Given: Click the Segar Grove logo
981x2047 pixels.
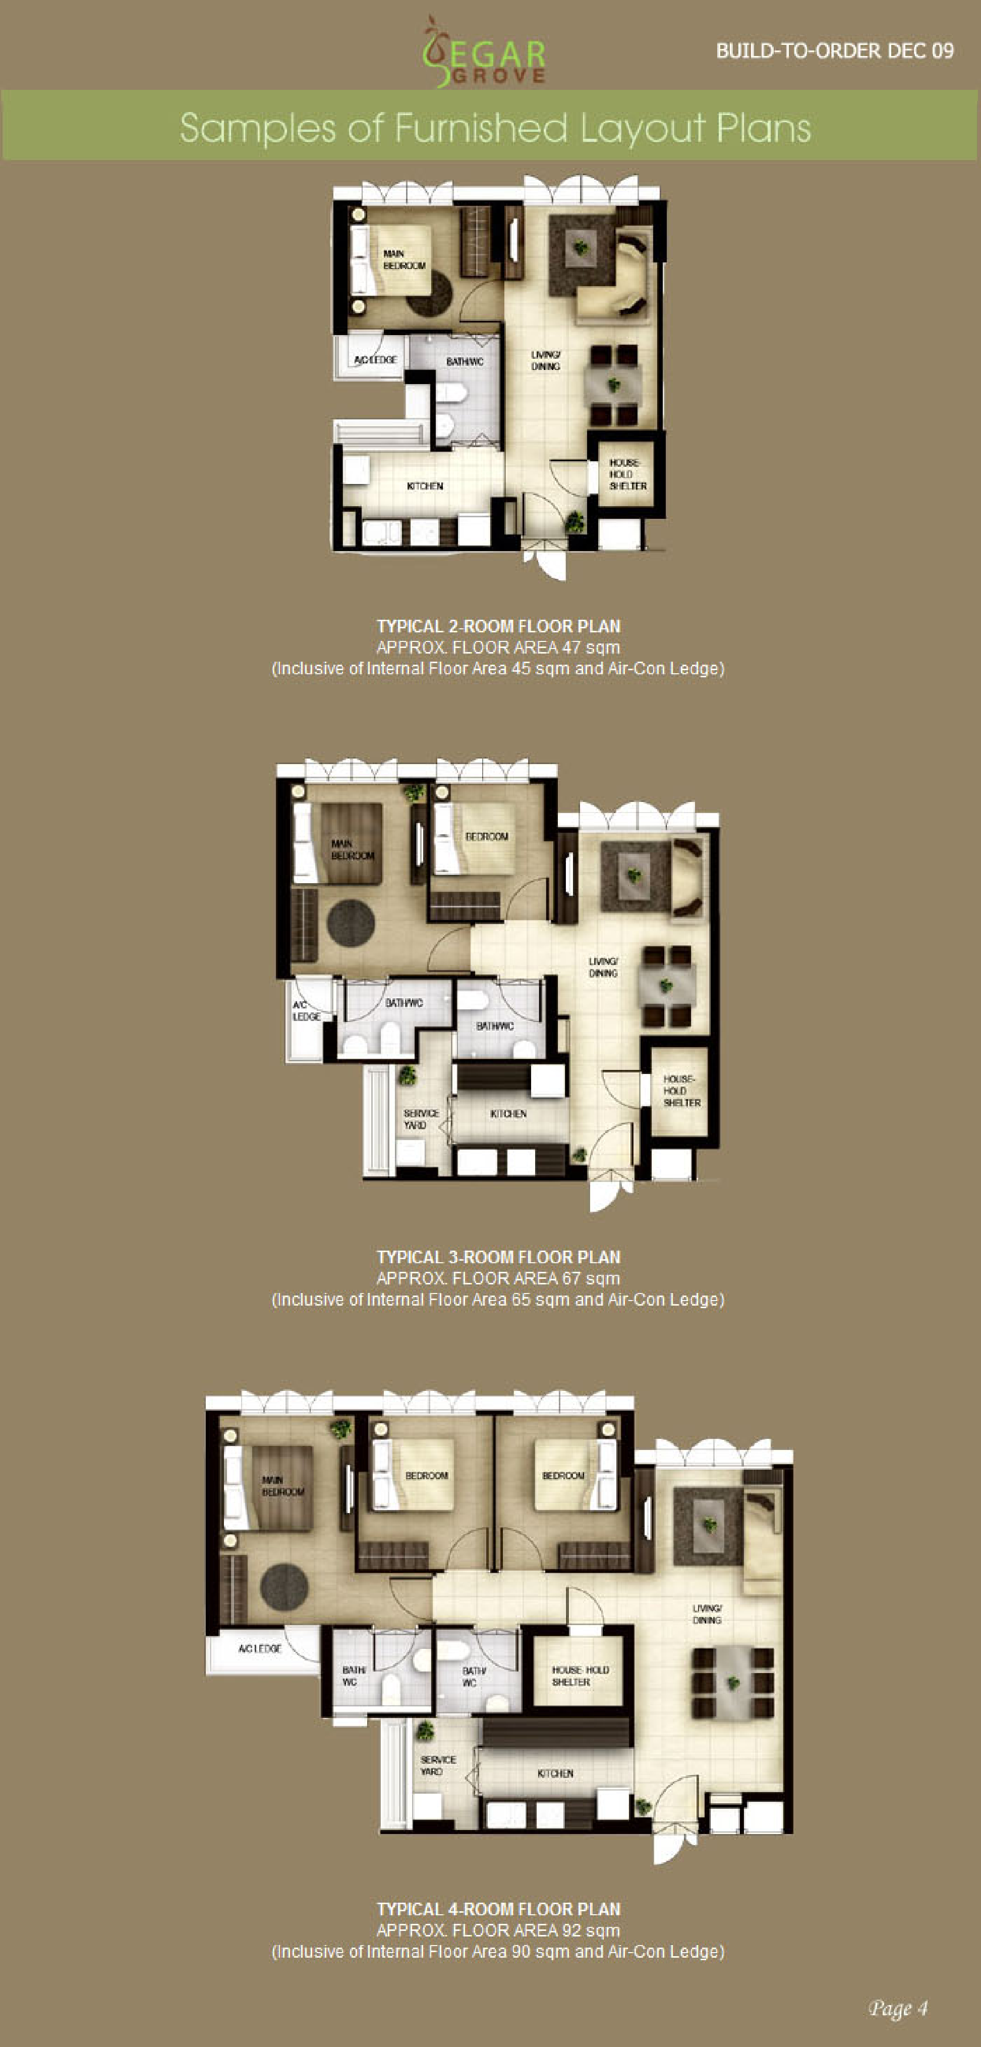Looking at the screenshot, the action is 485,51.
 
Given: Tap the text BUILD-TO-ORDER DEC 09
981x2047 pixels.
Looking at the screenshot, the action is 835,51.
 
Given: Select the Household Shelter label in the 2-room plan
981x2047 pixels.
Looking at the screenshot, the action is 627,473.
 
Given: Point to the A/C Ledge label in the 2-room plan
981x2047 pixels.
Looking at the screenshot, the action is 375,360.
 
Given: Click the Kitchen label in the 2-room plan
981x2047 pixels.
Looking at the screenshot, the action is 425,486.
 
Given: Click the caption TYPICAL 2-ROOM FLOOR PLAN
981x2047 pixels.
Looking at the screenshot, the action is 498,626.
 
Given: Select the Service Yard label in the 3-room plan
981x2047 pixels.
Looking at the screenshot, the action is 421,1119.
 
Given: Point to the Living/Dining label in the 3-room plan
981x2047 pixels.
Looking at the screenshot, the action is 603,967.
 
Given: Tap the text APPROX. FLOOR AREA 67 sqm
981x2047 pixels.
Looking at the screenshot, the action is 498,1278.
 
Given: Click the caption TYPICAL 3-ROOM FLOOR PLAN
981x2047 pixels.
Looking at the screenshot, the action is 498,1257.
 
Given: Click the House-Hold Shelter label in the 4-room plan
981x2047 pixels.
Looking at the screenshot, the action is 580,1676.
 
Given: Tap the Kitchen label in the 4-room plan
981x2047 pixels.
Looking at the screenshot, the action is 555,1773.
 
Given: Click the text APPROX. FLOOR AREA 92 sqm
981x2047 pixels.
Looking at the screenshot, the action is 498,1930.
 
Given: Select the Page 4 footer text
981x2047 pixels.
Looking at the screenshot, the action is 898,2008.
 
